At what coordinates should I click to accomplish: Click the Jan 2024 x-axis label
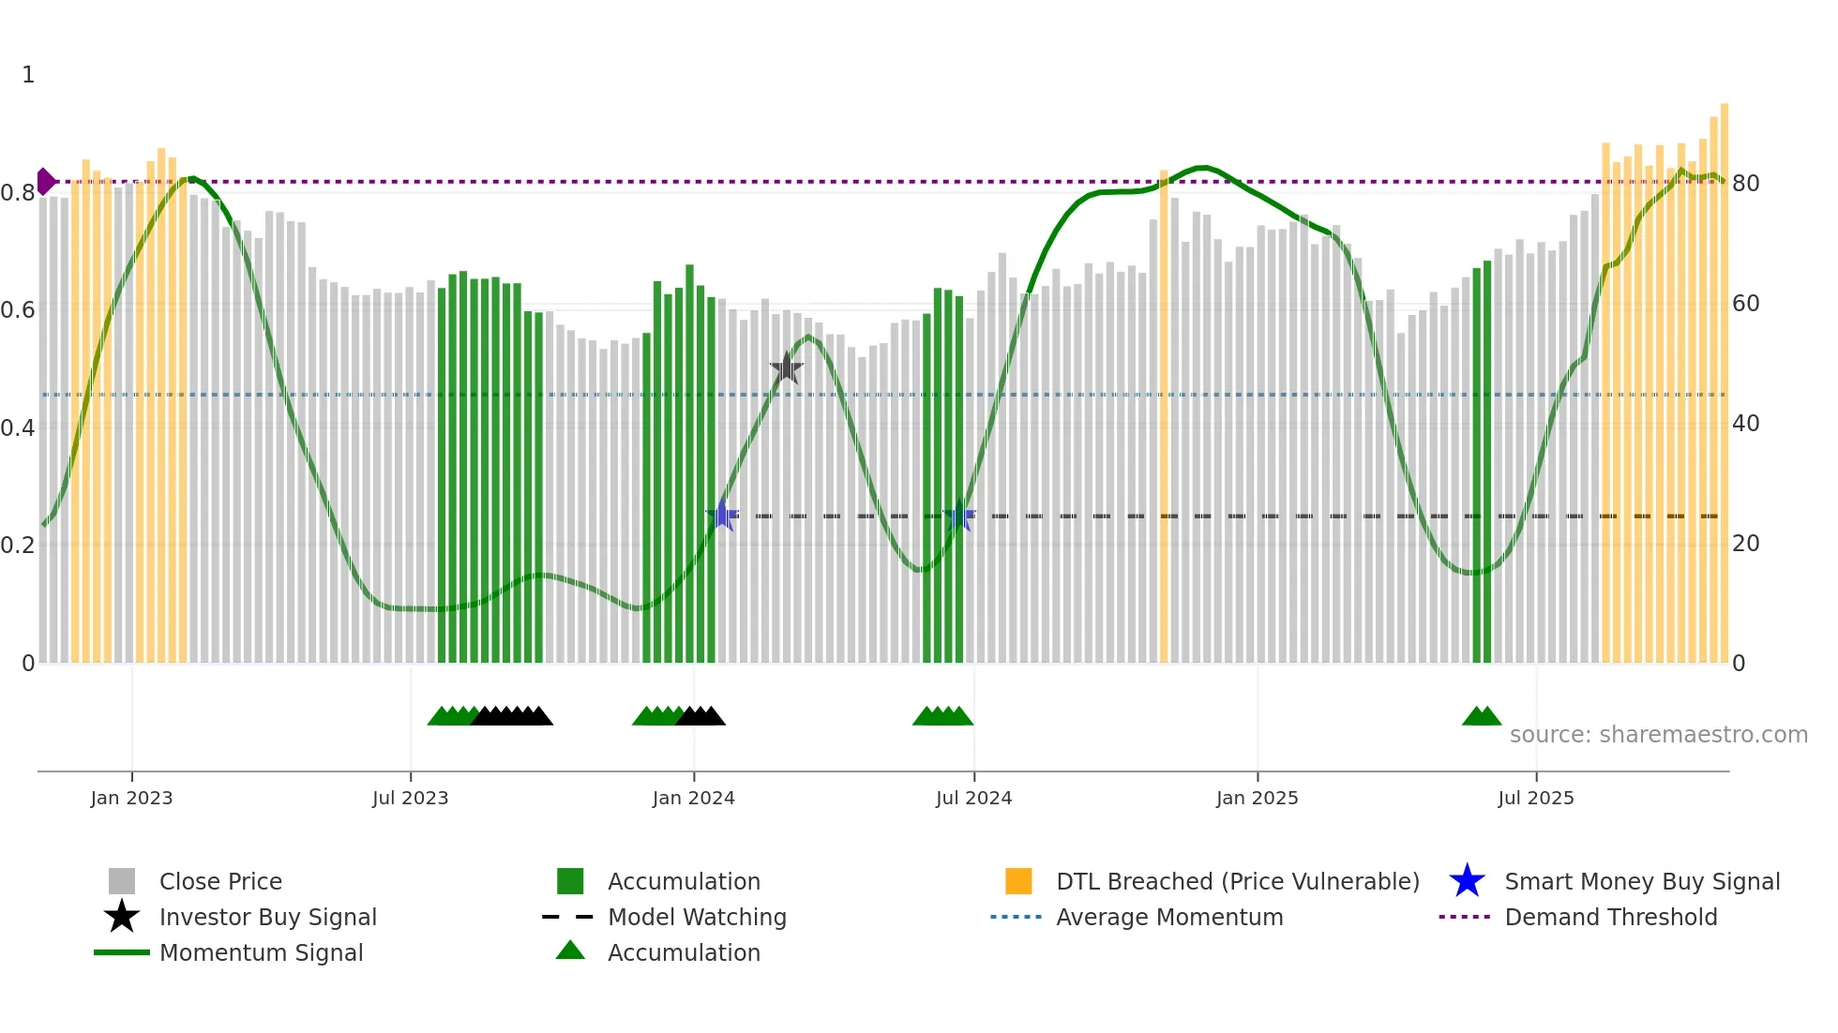pyautogui.click(x=693, y=798)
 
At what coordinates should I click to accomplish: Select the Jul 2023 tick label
pyautogui.click(x=410, y=798)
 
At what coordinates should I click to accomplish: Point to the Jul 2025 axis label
pyautogui.click(x=1535, y=798)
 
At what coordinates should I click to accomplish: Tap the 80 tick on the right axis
pyautogui.click(x=1745, y=183)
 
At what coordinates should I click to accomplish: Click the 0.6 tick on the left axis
pyautogui.click(x=18, y=310)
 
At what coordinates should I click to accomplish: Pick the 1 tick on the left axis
pyautogui.click(x=28, y=75)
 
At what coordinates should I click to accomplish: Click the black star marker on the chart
pyautogui.click(x=786, y=368)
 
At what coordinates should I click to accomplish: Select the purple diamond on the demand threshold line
pyautogui.click(x=45, y=181)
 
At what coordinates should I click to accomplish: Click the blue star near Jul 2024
pyautogui.click(x=958, y=516)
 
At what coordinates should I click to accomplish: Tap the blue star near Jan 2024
pyautogui.click(x=721, y=515)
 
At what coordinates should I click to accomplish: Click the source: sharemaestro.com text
pyautogui.click(x=1658, y=734)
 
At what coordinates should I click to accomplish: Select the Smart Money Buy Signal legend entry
pyautogui.click(x=1641, y=881)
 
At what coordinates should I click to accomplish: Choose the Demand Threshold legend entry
pyautogui.click(x=1610, y=917)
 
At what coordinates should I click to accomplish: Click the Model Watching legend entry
pyautogui.click(x=696, y=917)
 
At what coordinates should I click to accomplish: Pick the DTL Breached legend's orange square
pyautogui.click(x=1018, y=881)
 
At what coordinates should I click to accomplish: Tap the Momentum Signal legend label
pyautogui.click(x=261, y=952)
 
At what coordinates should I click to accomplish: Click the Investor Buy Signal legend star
pyautogui.click(x=122, y=917)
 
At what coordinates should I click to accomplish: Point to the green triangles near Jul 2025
pyautogui.click(x=1481, y=716)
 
